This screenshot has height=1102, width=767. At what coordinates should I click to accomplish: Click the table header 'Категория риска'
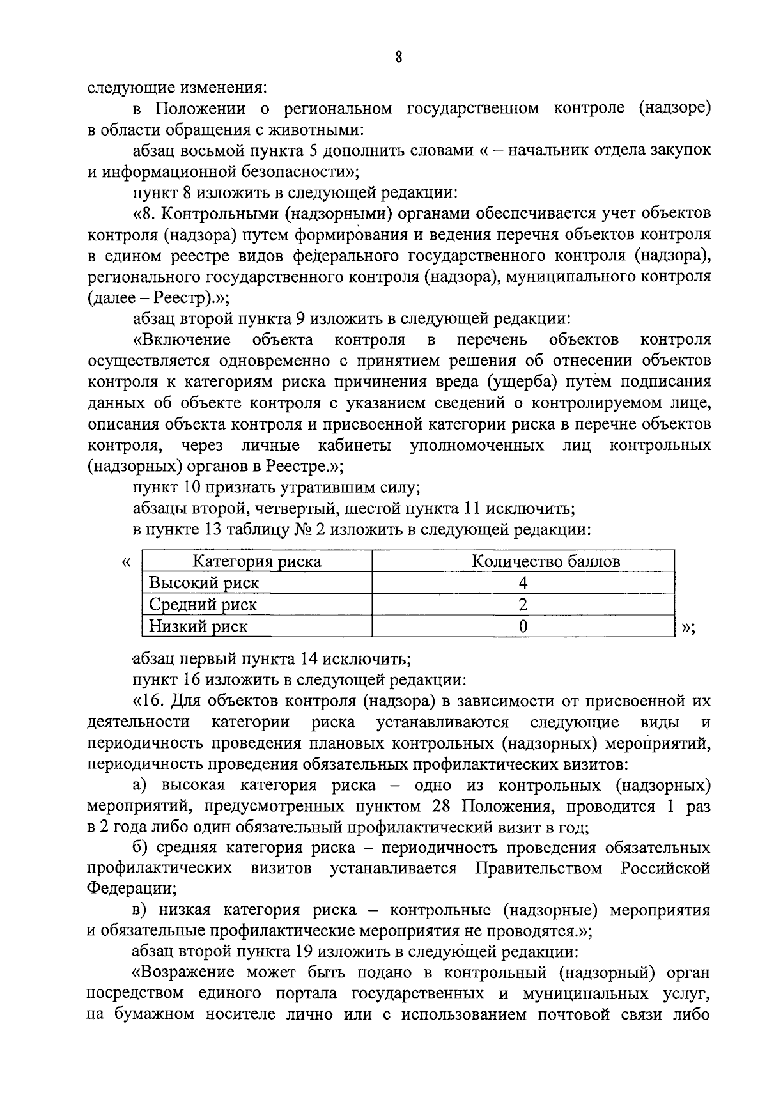pyautogui.click(x=257, y=562)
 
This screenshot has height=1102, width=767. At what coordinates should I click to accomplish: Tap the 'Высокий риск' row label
pyautogui.click(x=204, y=583)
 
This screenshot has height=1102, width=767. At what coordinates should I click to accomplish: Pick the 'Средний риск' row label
pyautogui.click(x=203, y=605)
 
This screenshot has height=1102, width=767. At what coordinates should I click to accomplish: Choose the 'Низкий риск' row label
pyautogui.click(x=198, y=626)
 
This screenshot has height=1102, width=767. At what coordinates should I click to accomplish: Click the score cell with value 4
pyautogui.click(x=523, y=583)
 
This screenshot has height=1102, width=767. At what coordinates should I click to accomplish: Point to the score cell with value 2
pyautogui.click(x=523, y=605)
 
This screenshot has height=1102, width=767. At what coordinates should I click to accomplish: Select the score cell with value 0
pyautogui.click(x=523, y=626)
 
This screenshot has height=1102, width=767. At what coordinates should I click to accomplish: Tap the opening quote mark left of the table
pyautogui.click(x=126, y=562)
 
